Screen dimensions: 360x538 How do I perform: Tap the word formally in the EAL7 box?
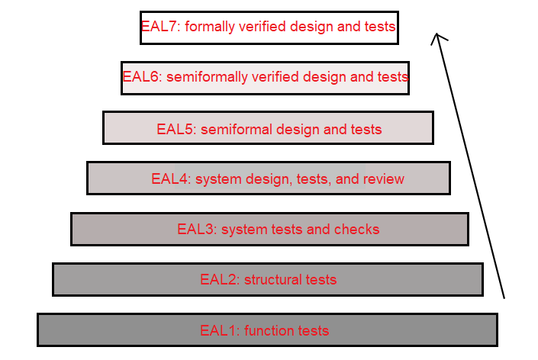coord(211,27)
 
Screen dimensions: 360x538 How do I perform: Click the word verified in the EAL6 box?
coord(274,77)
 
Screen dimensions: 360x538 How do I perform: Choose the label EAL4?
coord(170,179)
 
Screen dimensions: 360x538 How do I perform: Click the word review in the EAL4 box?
coord(383,179)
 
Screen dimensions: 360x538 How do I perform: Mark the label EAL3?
coord(196,229)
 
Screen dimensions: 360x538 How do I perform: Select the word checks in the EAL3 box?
coord(359,229)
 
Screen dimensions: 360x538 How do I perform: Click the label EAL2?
coord(219,279)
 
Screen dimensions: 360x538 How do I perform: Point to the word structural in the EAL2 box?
coord(272,279)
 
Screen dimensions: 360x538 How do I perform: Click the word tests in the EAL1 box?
coord(314,330)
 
